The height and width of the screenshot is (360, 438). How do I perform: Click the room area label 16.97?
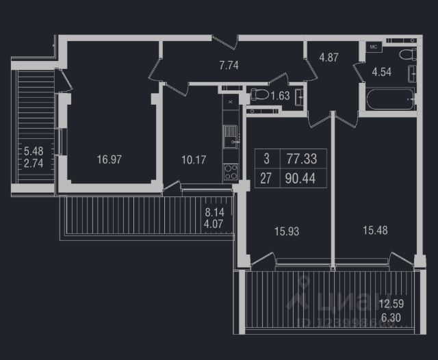(109, 160)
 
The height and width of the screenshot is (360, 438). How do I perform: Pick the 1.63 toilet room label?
(280, 95)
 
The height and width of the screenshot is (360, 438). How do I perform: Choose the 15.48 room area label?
(375, 231)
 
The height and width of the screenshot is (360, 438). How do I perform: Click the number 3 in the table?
(266, 159)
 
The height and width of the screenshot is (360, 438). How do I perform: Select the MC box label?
(374, 47)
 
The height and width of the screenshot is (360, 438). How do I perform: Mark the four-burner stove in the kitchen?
(231, 172)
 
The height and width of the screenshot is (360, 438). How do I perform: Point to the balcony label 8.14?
(214, 211)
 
